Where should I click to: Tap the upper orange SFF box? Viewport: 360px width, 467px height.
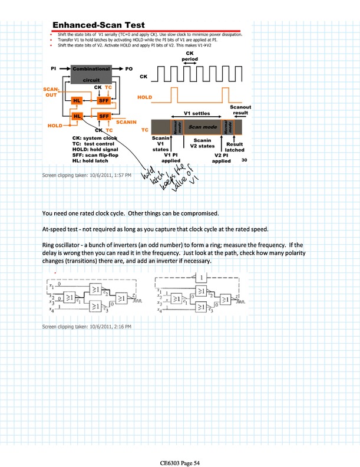click(104, 101)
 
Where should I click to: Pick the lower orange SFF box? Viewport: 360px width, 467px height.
click(104, 116)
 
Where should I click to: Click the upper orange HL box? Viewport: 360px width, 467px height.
click(77, 101)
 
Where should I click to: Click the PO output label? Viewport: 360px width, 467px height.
click(129, 69)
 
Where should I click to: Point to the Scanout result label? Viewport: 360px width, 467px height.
click(240, 110)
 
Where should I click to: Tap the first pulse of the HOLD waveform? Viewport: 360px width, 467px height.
click(174, 94)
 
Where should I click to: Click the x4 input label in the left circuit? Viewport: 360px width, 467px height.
click(52, 310)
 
